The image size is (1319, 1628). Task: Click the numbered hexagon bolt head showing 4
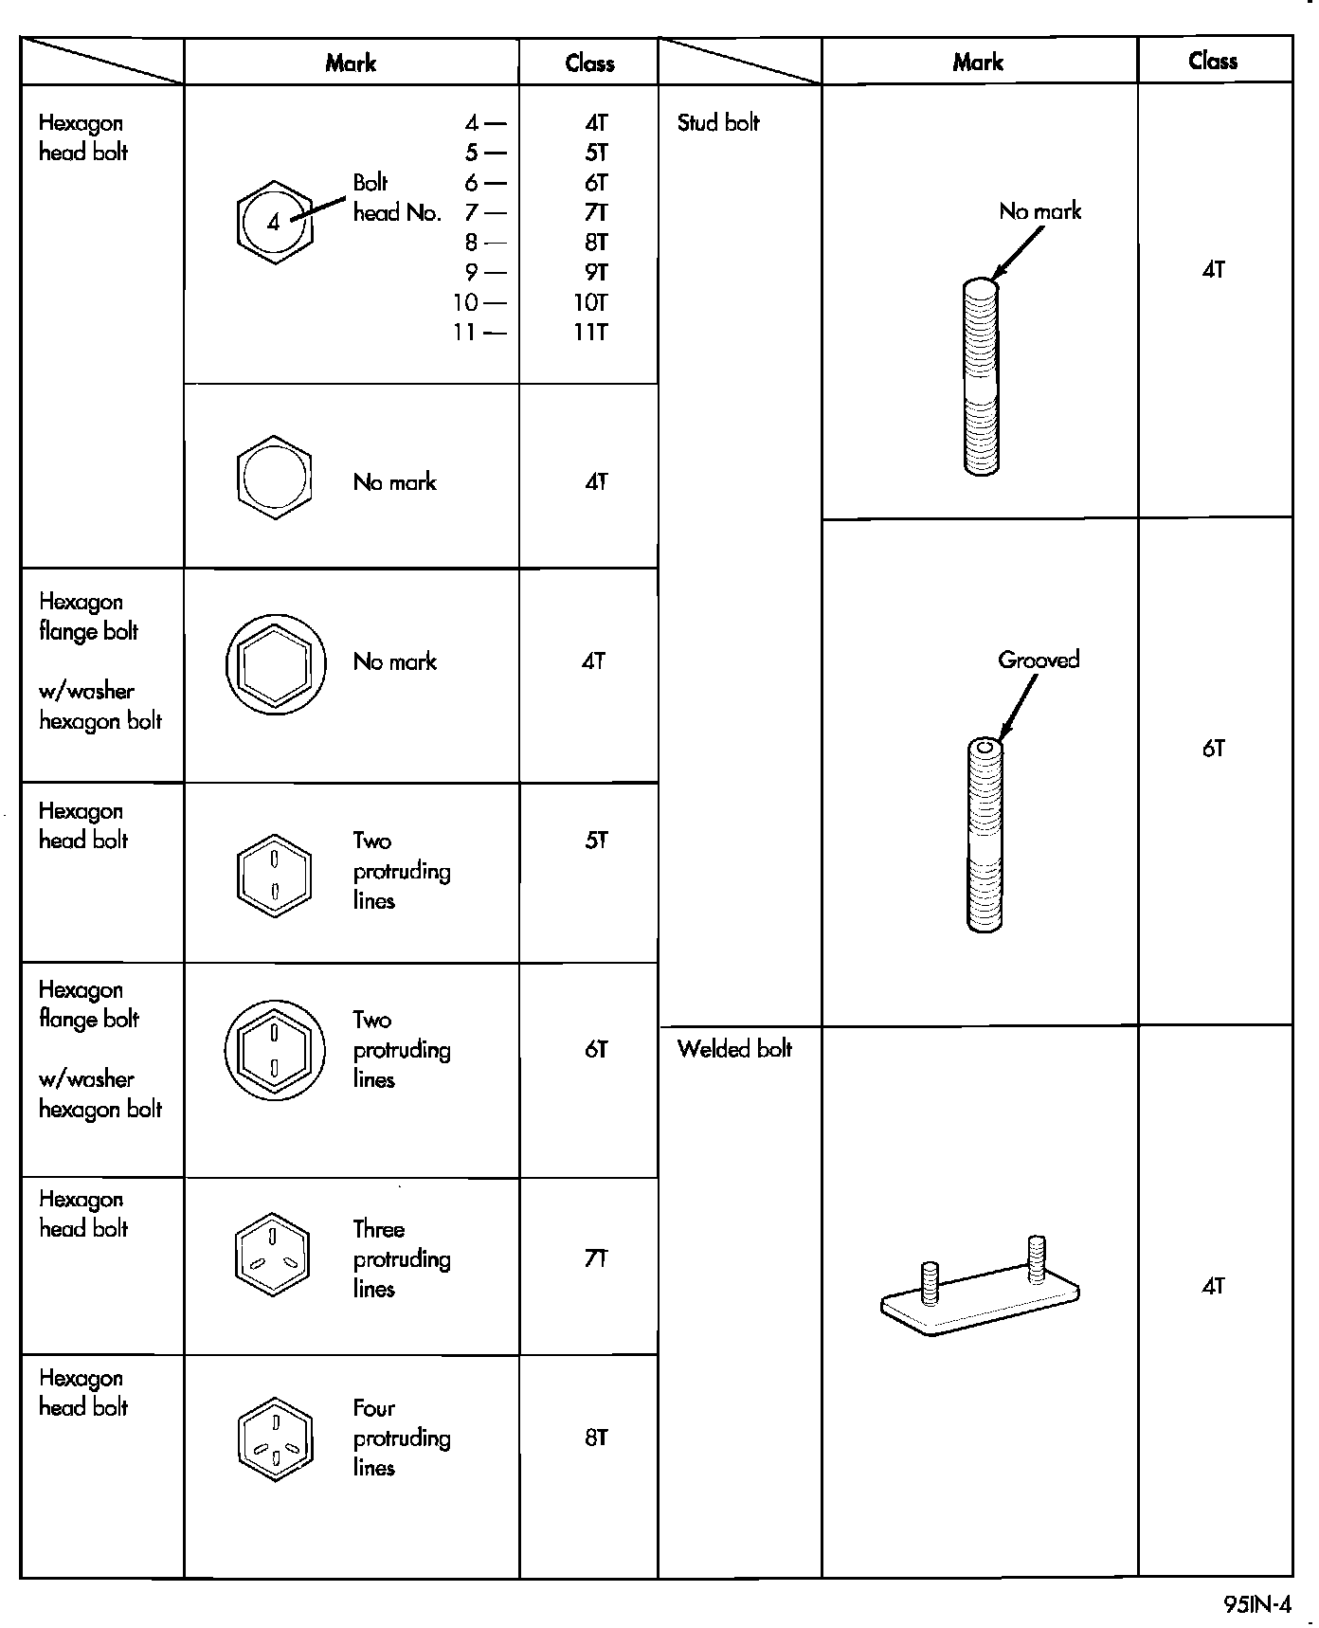coord(274,223)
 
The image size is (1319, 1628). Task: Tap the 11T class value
coord(590,333)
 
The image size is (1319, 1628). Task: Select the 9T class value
coord(595,273)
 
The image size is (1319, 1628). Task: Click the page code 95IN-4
coord(1256,1604)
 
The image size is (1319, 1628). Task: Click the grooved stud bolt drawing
coord(985,835)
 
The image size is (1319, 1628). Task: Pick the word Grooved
coord(1039,660)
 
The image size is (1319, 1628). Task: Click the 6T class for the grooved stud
coord(1213,749)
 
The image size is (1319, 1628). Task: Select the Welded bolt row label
coord(734,1049)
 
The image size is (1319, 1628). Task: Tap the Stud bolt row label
coord(718,122)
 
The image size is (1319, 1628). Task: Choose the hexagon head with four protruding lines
coord(274,1438)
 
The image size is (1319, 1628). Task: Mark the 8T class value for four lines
coord(596,1438)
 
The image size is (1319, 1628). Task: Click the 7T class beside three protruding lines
coord(596,1258)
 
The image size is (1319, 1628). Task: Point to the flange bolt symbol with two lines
coord(275,1050)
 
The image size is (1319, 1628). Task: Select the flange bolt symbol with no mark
coord(276,663)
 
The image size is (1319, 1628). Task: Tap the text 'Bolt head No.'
coord(397,198)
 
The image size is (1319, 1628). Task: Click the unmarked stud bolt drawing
coord(981,376)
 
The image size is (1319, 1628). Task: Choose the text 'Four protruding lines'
coord(402,1438)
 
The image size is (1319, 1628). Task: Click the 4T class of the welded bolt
coord(1213,1286)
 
